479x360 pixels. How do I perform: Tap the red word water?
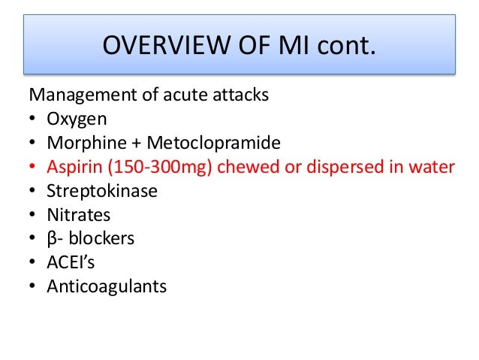[x=432, y=168]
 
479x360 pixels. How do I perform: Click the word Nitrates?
[x=79, y=216]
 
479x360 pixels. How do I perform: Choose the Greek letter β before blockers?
[x=52, y=240]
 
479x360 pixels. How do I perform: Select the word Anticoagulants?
[x=107, y=287]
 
